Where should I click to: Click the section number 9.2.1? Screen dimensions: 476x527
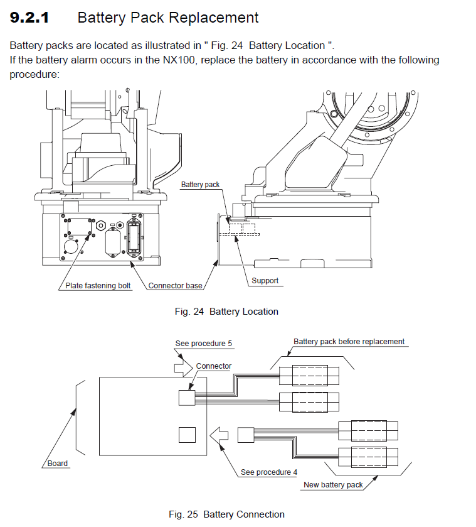tap(29, 18)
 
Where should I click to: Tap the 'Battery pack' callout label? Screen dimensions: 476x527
tap(200, 185)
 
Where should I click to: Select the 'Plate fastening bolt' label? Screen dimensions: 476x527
tap(98, 286)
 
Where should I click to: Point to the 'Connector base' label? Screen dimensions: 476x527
tap(175, 286)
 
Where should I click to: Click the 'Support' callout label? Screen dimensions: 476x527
tap(265, 281)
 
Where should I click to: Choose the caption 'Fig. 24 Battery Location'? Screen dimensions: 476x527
tap(226, 312)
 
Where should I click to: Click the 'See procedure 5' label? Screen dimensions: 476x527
tap(203, 344)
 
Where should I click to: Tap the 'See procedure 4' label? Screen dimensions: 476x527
tap(269, 472)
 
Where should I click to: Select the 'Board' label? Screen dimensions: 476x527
tap(58, 464)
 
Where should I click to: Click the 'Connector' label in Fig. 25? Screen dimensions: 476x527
tap(213, 366)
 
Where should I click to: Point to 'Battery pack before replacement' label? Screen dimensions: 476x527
tap(349, 342)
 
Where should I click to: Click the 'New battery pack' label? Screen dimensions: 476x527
tap(333, 485)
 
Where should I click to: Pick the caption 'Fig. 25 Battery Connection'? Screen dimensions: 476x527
tap(226, 514)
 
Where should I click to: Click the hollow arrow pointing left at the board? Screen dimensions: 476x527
tap(219, 435)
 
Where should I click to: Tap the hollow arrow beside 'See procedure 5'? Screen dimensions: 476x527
tap(183, 368)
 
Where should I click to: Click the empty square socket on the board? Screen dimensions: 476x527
tap(187, 435)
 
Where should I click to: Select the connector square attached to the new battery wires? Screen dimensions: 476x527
tap(246, 435)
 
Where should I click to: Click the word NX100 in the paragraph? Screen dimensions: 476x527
tap(179, 60)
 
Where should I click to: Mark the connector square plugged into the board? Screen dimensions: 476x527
tap(187, 398)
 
